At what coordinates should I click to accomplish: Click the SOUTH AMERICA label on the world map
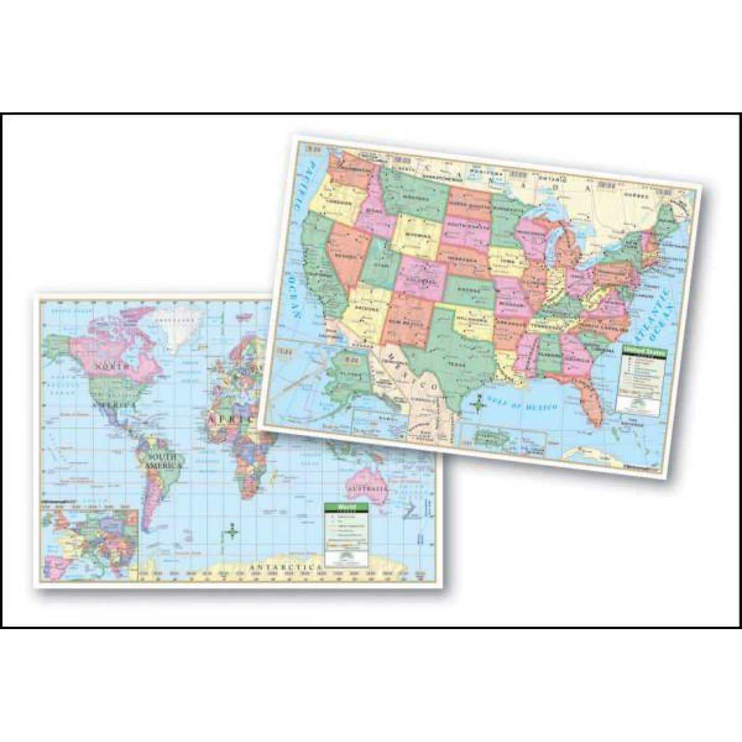162,461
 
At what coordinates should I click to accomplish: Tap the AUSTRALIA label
366,488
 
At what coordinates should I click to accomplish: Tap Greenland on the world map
183,324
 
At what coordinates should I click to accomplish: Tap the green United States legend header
643,350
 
